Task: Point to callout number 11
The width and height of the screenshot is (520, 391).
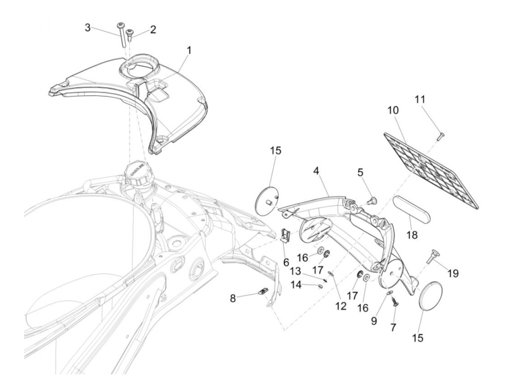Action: click(x=420, y=99)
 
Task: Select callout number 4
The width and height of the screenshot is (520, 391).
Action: click(x=316, y=171)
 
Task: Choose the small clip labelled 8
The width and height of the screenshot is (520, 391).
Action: click(x=263, y=291)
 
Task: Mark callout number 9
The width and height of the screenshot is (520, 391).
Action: click(x=374, y=321)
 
